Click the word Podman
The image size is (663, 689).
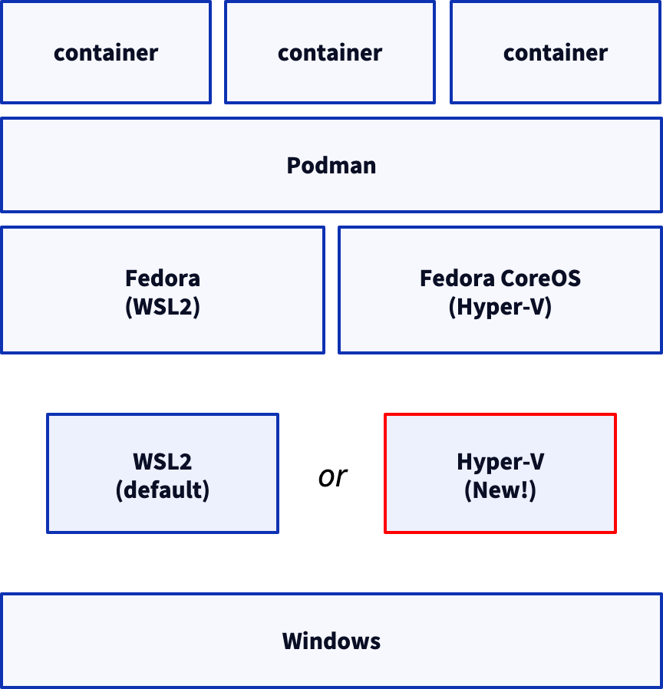(x=331, y=166)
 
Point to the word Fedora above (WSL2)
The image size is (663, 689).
(x=163, y=278)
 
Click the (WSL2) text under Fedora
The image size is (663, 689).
(x=163, y=307)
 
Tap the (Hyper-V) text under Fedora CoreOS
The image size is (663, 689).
(x=500, y=307)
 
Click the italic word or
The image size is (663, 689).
(x=332, y=476)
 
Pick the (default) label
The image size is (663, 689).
(x=163, y=490)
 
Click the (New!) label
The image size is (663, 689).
(x=500, y=490)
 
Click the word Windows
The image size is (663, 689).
(x=331, y=641)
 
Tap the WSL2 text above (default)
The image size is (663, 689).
(x=163, y=462)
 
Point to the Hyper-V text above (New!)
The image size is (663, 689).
(x=500, y=462)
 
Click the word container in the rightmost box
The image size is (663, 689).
(x=555, y=52)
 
